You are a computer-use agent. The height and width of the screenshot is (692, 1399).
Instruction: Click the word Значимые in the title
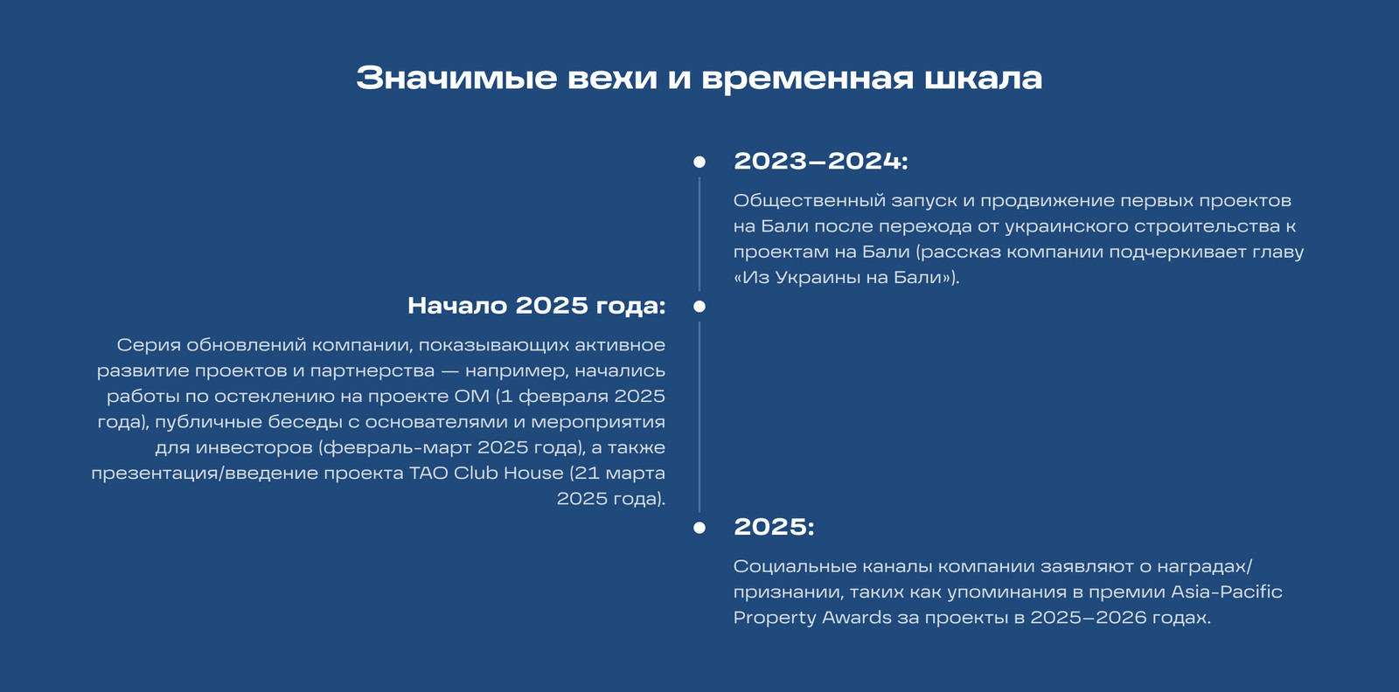point(456,78)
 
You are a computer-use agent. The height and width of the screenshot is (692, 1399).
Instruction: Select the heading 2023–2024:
point(821,161)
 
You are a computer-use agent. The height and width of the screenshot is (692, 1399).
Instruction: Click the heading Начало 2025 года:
point(537,306)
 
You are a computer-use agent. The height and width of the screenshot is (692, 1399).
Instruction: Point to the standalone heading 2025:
point(774,527)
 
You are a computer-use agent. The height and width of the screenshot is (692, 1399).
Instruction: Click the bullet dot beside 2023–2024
point(699,163)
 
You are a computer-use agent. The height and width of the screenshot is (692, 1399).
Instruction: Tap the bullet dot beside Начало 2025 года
point(699,307)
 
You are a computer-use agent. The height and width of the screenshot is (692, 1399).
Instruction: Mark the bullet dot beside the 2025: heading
point(699,528)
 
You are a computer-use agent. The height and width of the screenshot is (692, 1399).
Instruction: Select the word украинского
point(1066,227)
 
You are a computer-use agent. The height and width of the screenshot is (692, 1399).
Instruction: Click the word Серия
point(148,346)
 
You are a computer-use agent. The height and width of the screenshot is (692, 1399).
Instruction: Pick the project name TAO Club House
point(486,473)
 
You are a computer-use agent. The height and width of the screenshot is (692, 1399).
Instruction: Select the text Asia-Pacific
point(1227,592)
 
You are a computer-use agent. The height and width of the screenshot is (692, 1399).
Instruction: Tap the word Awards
point(856,618)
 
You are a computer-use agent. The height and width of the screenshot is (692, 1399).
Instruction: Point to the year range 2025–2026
point(1089,618)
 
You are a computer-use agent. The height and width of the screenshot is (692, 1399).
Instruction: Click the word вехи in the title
point(612,78)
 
